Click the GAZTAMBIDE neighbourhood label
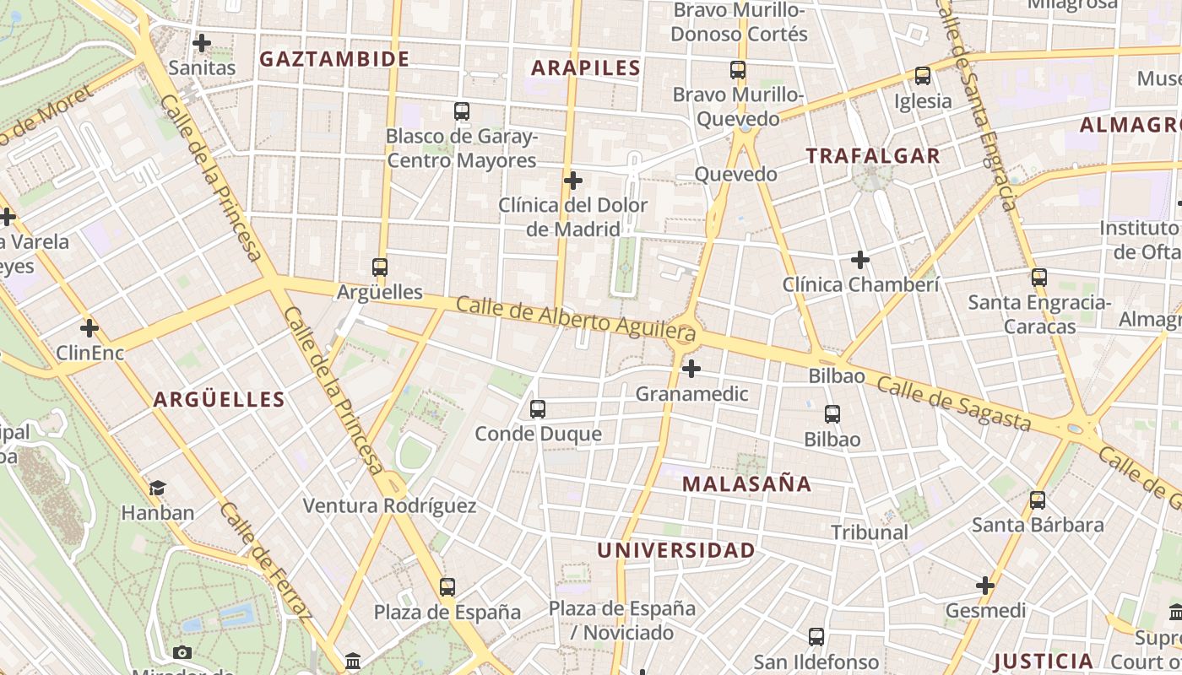coord(334,59)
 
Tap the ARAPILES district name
coord(587,68)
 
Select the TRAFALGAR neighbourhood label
coord(873,156)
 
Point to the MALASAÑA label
coord(747,484)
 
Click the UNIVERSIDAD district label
coord(676,551)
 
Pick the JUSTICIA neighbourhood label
coord(1044,661)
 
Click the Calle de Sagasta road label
coord(953,403)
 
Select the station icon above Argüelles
coord(380,267)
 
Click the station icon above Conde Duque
coord(538,409)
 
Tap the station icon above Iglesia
coord(923,76)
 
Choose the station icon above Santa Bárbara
coord(1038,500)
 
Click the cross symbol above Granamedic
coord(691,369)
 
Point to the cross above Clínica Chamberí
coord(860,260)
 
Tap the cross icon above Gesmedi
coord(985,586)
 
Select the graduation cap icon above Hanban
coord(158,488)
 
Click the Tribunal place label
coord(870,532)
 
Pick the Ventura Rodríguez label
coord(389,506)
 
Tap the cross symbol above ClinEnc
coord(89,328)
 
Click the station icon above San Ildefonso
coord(816,637)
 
